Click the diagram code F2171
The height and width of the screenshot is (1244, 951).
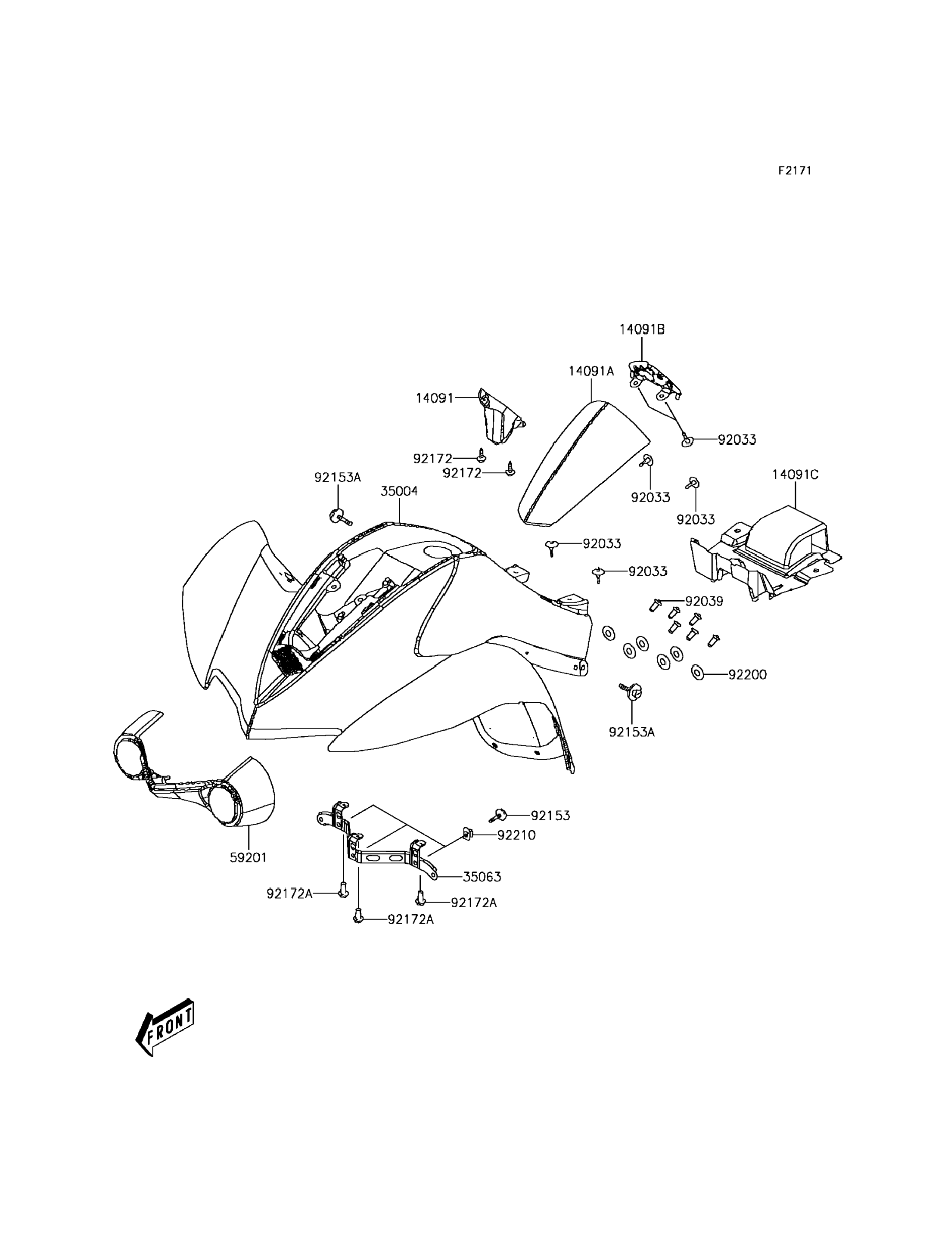[794, 171]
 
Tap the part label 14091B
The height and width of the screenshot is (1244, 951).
[642, 329]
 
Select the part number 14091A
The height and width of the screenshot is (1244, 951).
[591, 371]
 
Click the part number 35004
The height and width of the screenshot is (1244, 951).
[399, 491]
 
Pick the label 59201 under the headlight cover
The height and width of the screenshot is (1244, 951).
[248, 857]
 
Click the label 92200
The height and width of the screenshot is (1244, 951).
[747, 675]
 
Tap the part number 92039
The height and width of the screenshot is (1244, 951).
[704, 601]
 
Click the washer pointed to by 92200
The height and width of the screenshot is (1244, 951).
[699, 673]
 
